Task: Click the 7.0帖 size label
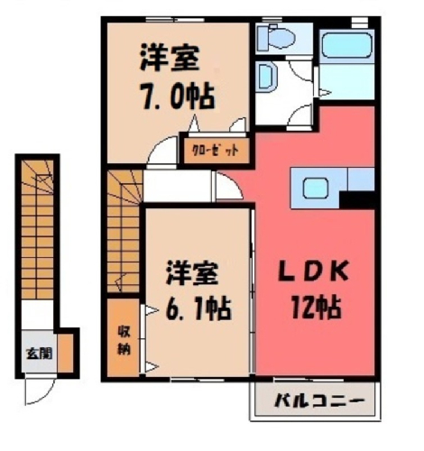pyautogui.click(x=178, y=97)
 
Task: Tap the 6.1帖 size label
pyautogui.click(x=198, y=308)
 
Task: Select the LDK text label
pyautogui.click(x=313, y=271)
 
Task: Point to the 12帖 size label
pyautogui.click(x=316, y=307)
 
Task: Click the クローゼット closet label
pyautogui.click(x=216, y=151)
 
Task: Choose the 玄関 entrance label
pyautogui.click(x=40, y=354)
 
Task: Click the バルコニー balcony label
pyautogui.click(x=319, y=400)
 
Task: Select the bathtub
pyautogui.click(x=346, y=45)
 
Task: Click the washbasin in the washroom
pyautogui.click(x=266, y=77)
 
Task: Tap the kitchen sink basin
pyautogui.click(x=315, y=188)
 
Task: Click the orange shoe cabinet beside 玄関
pyautogui.click(x=66, y=353)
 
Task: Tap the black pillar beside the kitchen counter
pyautogui.click(x=358, y=199)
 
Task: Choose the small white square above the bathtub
pyautogui.click(x=359, y=22)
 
